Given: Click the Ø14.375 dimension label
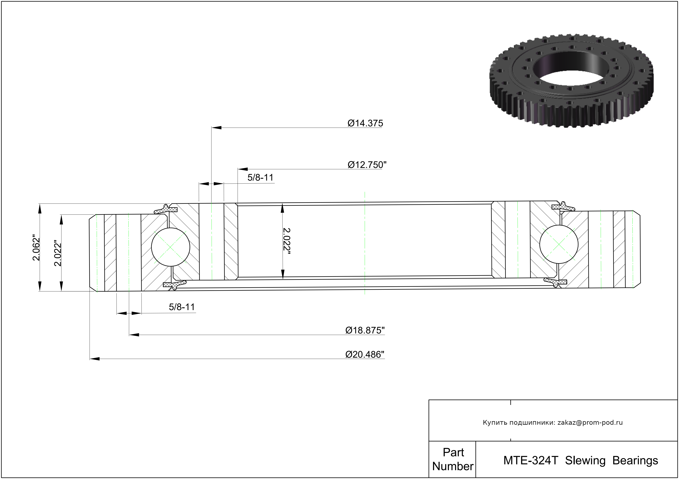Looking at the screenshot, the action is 365,123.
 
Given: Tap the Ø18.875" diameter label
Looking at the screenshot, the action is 365,330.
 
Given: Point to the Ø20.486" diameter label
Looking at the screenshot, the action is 365,354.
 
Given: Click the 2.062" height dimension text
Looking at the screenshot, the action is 36,248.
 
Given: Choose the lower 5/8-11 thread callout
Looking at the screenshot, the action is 182,307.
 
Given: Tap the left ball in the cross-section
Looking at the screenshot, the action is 170,247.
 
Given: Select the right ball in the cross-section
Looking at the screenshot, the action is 559,244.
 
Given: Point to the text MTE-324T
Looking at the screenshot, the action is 531,460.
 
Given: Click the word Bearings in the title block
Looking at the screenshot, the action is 635,461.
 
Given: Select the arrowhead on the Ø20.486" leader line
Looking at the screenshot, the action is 95,359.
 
